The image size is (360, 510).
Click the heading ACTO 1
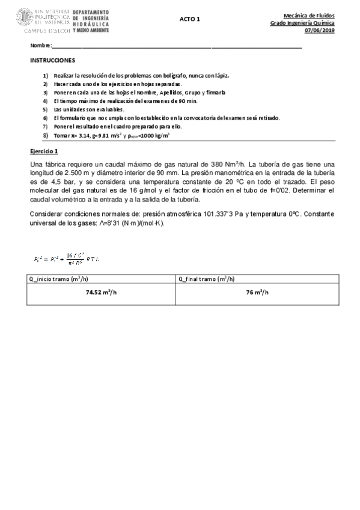pos(189,19)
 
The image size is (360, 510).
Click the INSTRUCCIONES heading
pos(52,61)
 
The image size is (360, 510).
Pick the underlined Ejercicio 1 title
pos(44,151)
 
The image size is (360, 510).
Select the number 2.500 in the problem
pos(70,174)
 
